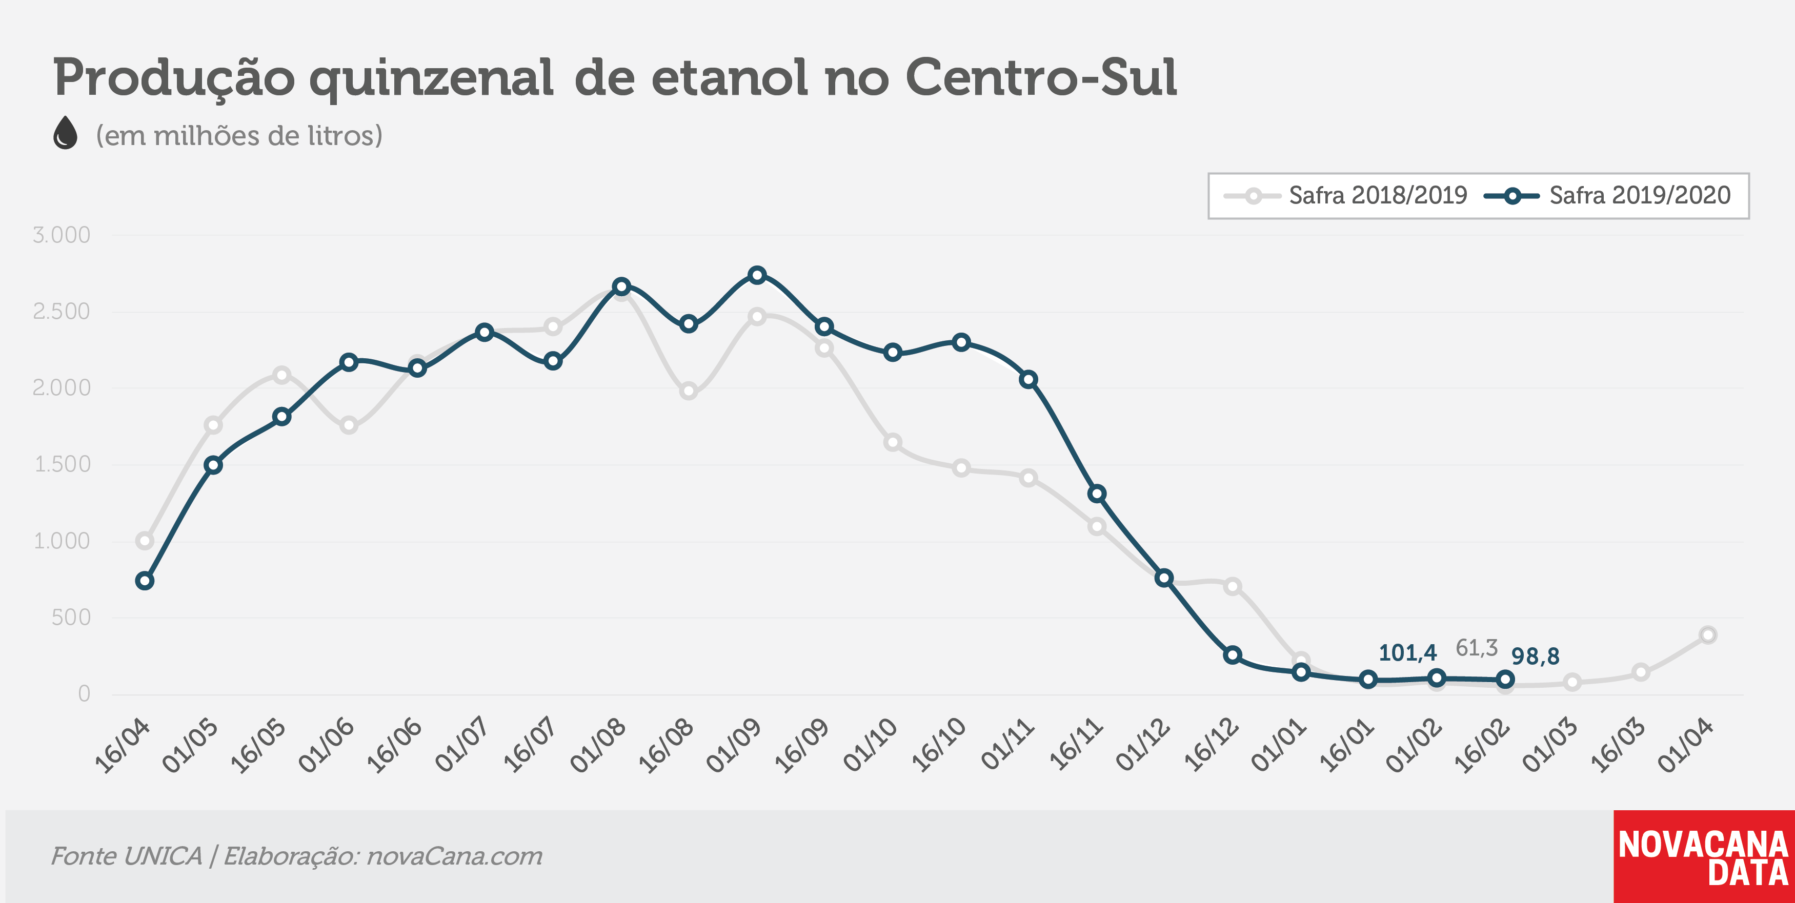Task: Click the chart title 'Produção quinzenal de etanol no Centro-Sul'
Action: pos(615,78)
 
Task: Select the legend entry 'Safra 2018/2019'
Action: pos(1345,195)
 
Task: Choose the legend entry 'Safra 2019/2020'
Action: pos(1607,195)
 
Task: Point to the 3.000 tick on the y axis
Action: pos(62,235)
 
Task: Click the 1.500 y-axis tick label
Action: pos(62,464)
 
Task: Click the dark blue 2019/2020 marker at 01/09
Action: pos(757,275)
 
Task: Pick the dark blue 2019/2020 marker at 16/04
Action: pos(145,581)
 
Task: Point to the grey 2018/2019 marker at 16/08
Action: pos(689,391)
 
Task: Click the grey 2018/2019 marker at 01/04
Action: pos(1708,635)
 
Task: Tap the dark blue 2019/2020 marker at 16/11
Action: pos(1097,494)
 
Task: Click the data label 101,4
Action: pos(1407,653)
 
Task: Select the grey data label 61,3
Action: pos(1477,648)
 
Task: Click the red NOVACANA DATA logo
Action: pos(1704,856)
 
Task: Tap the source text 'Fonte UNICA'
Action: pos(126,856)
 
